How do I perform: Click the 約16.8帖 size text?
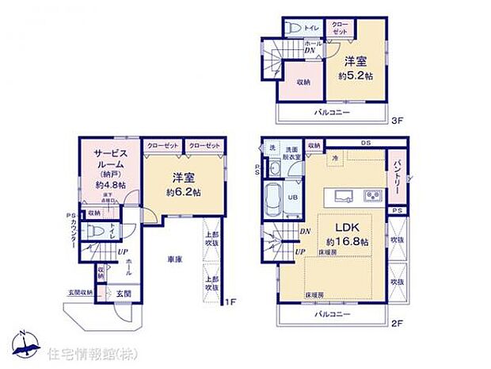tap(343, 241)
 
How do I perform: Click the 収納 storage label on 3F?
tap(303, 83)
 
